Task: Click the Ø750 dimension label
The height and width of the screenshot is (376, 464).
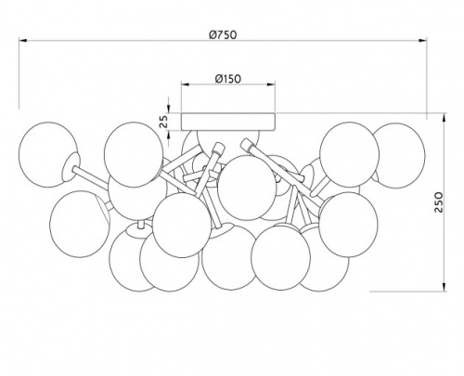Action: tap(223, 34)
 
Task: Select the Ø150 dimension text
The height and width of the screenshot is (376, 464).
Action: tap(228, 79)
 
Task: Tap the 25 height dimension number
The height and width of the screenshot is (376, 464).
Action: tap(164, 122)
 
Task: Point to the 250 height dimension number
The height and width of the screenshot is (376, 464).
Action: tap(438, 202)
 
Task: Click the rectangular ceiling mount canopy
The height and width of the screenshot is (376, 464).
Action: tap(228, 122)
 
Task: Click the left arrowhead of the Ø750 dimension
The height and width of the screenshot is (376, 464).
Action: tap(23, 40)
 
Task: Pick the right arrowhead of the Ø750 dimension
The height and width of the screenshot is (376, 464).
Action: tap(422, 40)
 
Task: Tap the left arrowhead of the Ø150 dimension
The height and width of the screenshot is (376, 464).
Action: tap(186, 84)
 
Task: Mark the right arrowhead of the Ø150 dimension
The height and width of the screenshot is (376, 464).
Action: tap(271, 84)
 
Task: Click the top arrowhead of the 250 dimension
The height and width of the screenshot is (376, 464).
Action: tap(445, 118)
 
